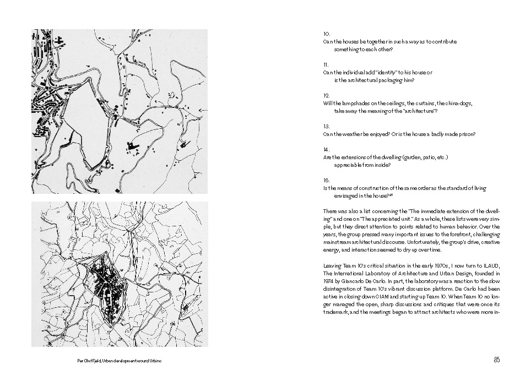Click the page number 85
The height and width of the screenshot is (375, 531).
tap(496, 360)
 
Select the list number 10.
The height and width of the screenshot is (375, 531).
tap(326, 34)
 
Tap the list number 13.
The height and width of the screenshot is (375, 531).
tap(326, 127)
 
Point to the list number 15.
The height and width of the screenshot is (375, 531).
tap(326, 180)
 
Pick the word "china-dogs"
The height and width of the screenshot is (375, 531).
tap(459, 104)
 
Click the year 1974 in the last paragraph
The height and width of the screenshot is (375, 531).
tap(328, 281)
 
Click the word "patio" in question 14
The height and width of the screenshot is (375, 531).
tap(427, 157)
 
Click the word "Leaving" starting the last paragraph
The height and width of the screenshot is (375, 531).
tap(332, 265)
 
